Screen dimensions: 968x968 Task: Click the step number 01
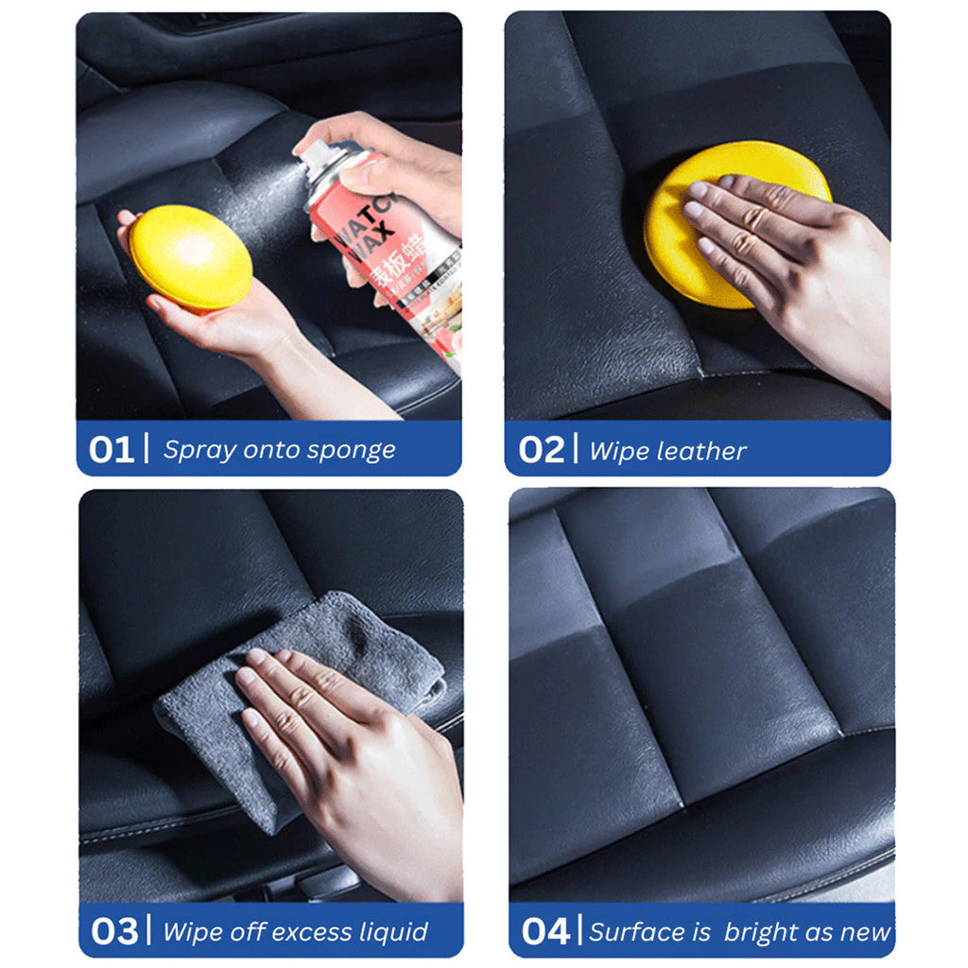click(x=112, y=450)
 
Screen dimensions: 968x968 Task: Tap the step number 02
click(x=541, y=450)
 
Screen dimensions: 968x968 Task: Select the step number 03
click(x=114, y=931)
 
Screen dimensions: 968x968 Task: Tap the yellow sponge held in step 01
click(x=190, y=257)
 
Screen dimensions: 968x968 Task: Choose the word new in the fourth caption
click(x=863, y=932)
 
